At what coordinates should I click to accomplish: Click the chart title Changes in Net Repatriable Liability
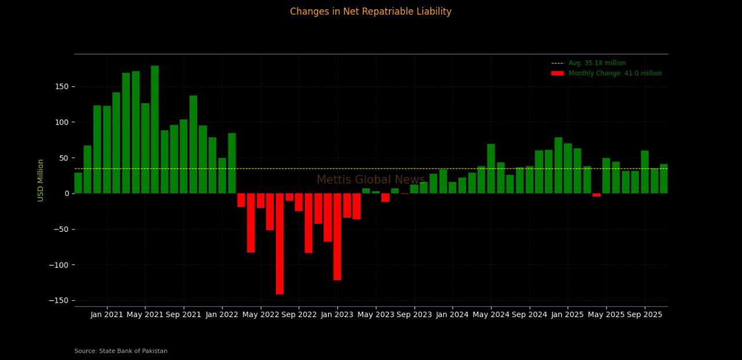click(370, 12)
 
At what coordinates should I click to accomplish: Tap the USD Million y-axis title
click(41, 180)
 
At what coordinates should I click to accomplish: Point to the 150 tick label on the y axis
click(62, 87)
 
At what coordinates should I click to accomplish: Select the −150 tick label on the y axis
click(60, 300)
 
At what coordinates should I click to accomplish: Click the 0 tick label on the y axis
click(66, 194)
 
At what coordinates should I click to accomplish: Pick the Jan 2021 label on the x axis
click(107, 315)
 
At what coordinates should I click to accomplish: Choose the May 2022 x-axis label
click(260, 315)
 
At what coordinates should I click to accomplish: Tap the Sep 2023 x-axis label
click(414, 315)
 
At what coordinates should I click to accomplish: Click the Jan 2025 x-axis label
click(567, 315)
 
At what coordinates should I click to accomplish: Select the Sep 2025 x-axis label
click(644, 315)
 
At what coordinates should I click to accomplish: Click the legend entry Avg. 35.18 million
click(597, 63)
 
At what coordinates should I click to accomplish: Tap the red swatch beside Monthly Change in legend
click(557, 74)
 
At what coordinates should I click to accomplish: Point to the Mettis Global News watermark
click(370, 180)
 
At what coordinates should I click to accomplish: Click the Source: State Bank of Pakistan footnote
click(121, 351)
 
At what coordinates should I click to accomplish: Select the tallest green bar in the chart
click(155, 129)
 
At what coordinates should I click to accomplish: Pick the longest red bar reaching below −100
click(279, 243)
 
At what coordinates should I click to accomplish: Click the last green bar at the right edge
click(664, 179)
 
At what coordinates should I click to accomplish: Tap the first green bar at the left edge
click(78, 183)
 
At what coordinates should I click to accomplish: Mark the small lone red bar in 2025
click(596, 195)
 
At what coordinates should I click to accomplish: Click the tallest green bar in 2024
click(491, 169)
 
